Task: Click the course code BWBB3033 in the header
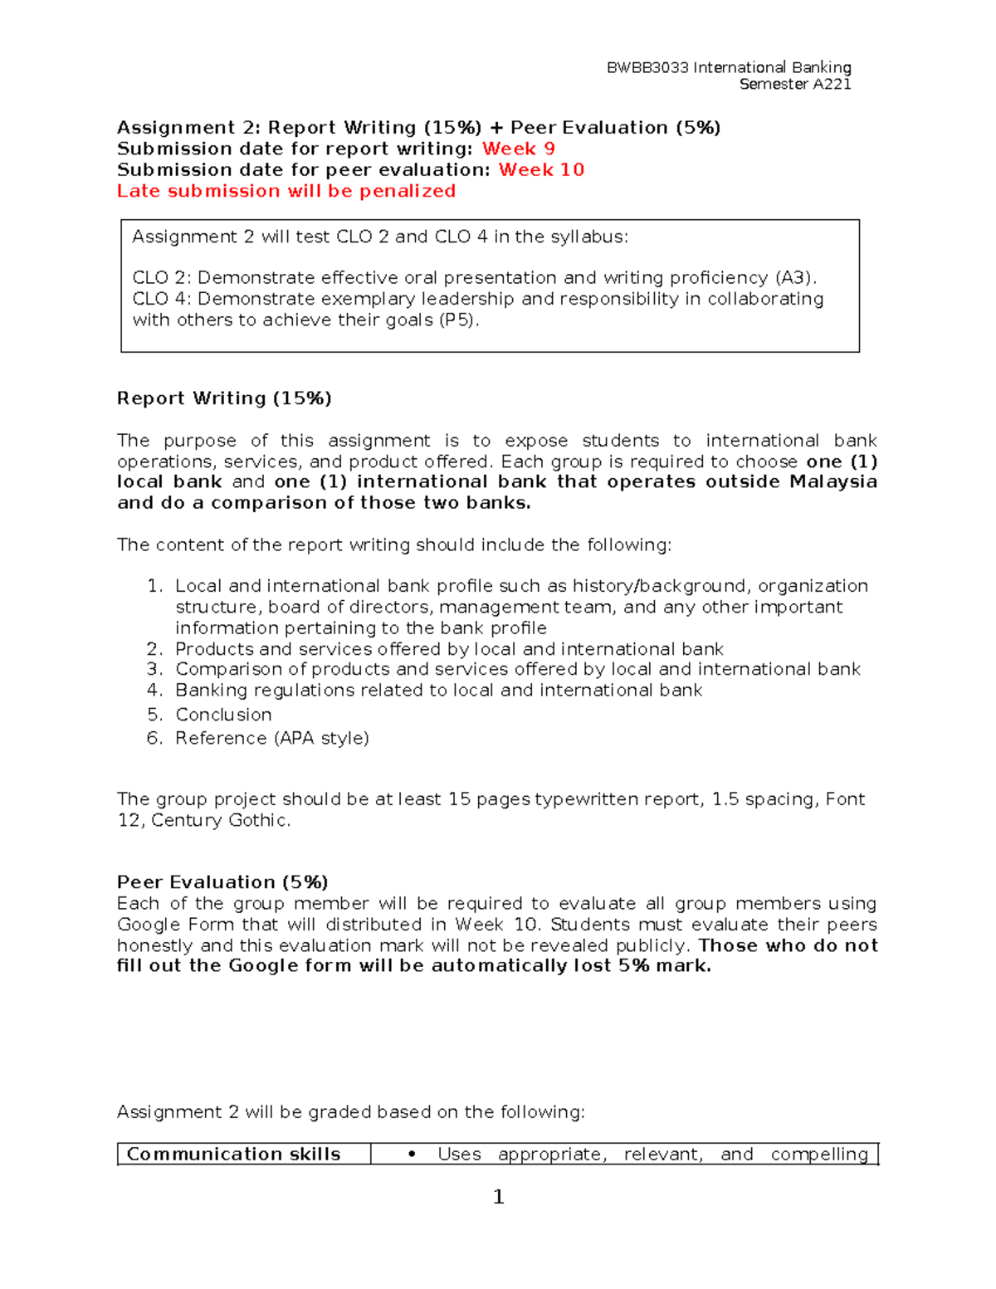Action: click(x=647, y=68)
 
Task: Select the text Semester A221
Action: click(x=794, y=85)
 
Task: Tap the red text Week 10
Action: click(x=541, y=170)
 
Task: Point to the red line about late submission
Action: click(x=286, y=192)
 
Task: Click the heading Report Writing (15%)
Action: click(x=224, y=398)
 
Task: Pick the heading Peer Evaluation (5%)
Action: click(x=222, y=882)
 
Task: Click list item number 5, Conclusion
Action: click(x=223, y=715)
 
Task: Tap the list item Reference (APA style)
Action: click(x=271, y=738)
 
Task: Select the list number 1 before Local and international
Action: click(x=154, y=587)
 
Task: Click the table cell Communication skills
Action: click(x=233, y=1155)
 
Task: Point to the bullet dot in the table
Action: click(x=412, y=1155)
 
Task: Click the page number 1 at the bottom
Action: click(x=498, y=1197)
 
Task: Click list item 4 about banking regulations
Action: click(x=438, y=691)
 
